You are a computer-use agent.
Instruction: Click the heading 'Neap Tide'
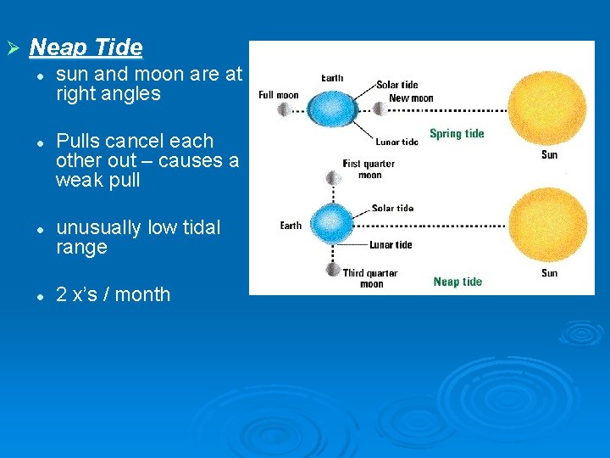[x=86, y=47]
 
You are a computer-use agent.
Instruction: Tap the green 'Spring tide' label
[x=457, y=133]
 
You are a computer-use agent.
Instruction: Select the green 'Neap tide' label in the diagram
[x=457, y=282]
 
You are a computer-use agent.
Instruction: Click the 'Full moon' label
[x=278, y=94]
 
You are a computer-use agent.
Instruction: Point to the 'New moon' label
[x=411, y=98]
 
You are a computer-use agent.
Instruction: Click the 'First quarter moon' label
[x=369, y=169]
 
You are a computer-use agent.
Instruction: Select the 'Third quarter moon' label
[x=370, y=278]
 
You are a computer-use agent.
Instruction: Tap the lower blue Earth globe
[x=331, y=225]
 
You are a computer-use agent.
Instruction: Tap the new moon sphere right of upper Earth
[x=379, y=109]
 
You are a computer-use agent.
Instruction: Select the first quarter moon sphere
[x=333, y=178]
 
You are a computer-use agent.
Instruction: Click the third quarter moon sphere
[x=333, y=271]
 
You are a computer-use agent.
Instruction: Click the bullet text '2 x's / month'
[x=113, y=294]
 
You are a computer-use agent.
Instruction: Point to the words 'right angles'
[x=108, y=94]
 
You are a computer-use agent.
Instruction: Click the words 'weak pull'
[x=97, y=181]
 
